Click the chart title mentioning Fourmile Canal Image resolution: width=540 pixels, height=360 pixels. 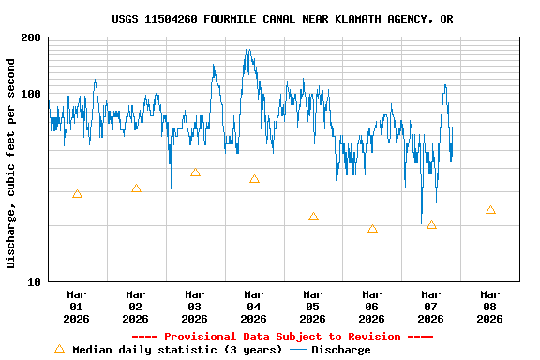pos(282,19)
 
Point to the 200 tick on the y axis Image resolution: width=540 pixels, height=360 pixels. pos(31,37)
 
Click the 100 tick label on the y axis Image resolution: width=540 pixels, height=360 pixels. pos(31,94)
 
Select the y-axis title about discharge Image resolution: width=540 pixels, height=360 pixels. pos(11,163)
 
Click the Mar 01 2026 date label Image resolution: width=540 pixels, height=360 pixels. pos(77,307)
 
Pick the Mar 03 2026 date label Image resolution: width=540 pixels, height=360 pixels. pos(195,307)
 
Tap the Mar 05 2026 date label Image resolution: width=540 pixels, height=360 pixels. pos(313,307)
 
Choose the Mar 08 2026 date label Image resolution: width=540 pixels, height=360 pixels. pos(490,307)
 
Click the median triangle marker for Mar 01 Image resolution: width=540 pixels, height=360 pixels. pos(77,194)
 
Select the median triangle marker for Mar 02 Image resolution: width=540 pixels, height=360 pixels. pos(136,188)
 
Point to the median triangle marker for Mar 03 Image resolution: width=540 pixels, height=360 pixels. pos(195,172)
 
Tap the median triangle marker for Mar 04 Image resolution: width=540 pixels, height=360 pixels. pos(254,179)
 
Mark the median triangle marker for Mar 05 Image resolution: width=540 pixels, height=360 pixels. pos(313,217)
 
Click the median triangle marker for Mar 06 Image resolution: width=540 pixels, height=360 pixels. pos(372,229)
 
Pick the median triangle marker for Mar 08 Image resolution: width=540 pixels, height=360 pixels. pos(490,210)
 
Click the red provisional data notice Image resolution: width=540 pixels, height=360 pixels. pos(282,337)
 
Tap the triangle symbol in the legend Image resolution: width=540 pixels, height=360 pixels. pos(59,349)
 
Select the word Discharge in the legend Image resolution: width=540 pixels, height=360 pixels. pos(340,350)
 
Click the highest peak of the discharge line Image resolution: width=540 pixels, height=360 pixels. pos(247,50)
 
